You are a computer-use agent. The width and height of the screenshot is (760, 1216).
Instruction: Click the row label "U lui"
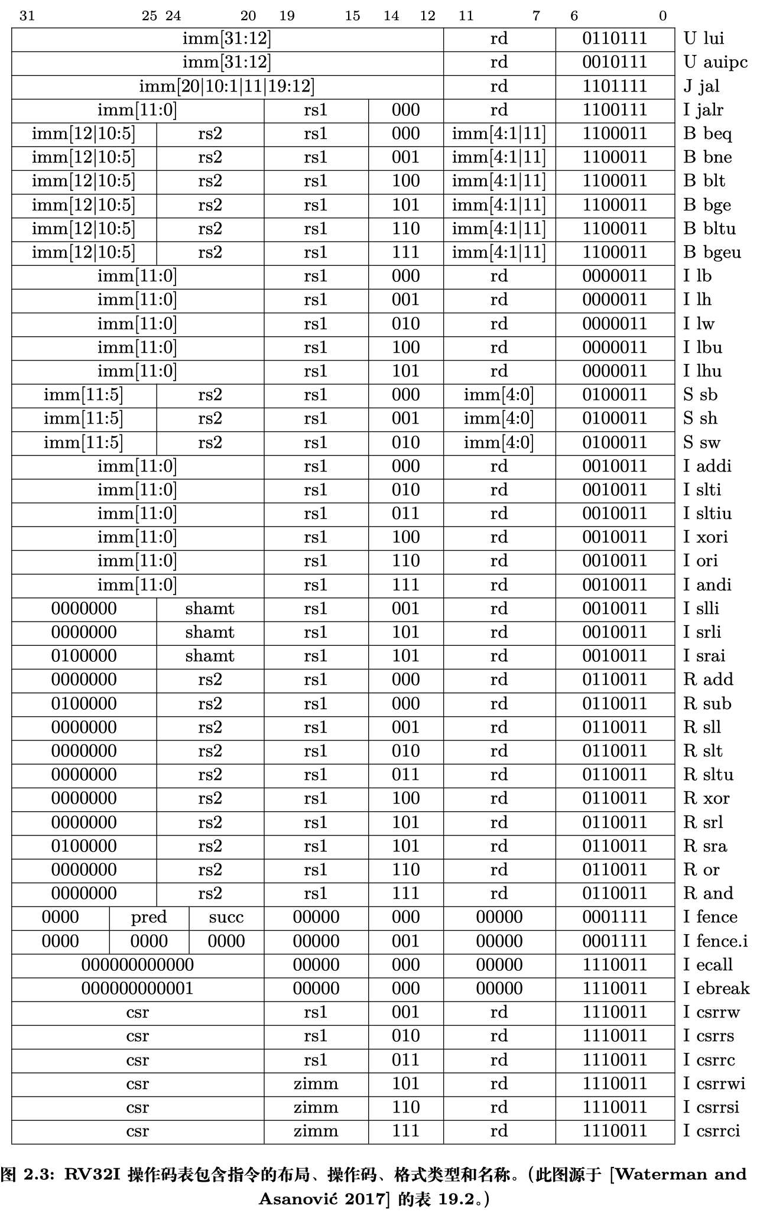tap(703, 39)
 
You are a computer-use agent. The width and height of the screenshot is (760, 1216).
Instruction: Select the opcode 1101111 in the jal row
tap(615, 86)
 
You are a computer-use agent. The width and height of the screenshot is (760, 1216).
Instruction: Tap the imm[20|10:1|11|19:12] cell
tap(227, 86)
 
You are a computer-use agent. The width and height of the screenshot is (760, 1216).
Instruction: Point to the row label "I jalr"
tap(703, 110)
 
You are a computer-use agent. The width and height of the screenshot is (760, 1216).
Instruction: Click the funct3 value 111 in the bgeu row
tap(405, 252)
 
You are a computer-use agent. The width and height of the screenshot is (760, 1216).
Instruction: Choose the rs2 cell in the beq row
tap(210, 134)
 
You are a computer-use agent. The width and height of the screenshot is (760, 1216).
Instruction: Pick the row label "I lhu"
tap(703, 371)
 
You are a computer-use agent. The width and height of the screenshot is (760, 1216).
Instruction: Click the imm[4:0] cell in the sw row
tap(499, 443)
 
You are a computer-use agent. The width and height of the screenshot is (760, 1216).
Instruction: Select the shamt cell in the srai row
tap(210, 656)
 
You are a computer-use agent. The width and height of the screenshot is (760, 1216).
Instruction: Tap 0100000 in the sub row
tap(84, 704)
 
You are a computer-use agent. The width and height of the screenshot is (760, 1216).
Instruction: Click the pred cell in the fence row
tap(149, 917)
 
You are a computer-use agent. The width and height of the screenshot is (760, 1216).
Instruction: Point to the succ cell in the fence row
tap(226, 917)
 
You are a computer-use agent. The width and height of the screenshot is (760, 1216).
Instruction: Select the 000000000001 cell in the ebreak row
tap(138, 989)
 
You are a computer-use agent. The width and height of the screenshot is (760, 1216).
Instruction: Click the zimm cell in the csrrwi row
tap(316, 1084)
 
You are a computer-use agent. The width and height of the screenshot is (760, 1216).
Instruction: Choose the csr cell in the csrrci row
tap(138, 1131)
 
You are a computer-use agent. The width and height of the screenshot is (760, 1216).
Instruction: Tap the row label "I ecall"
tap(708, 965)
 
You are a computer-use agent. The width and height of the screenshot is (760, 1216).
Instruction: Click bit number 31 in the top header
tap(27, 16)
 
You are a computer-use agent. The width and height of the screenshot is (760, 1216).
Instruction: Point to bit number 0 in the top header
tap(663, 16)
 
